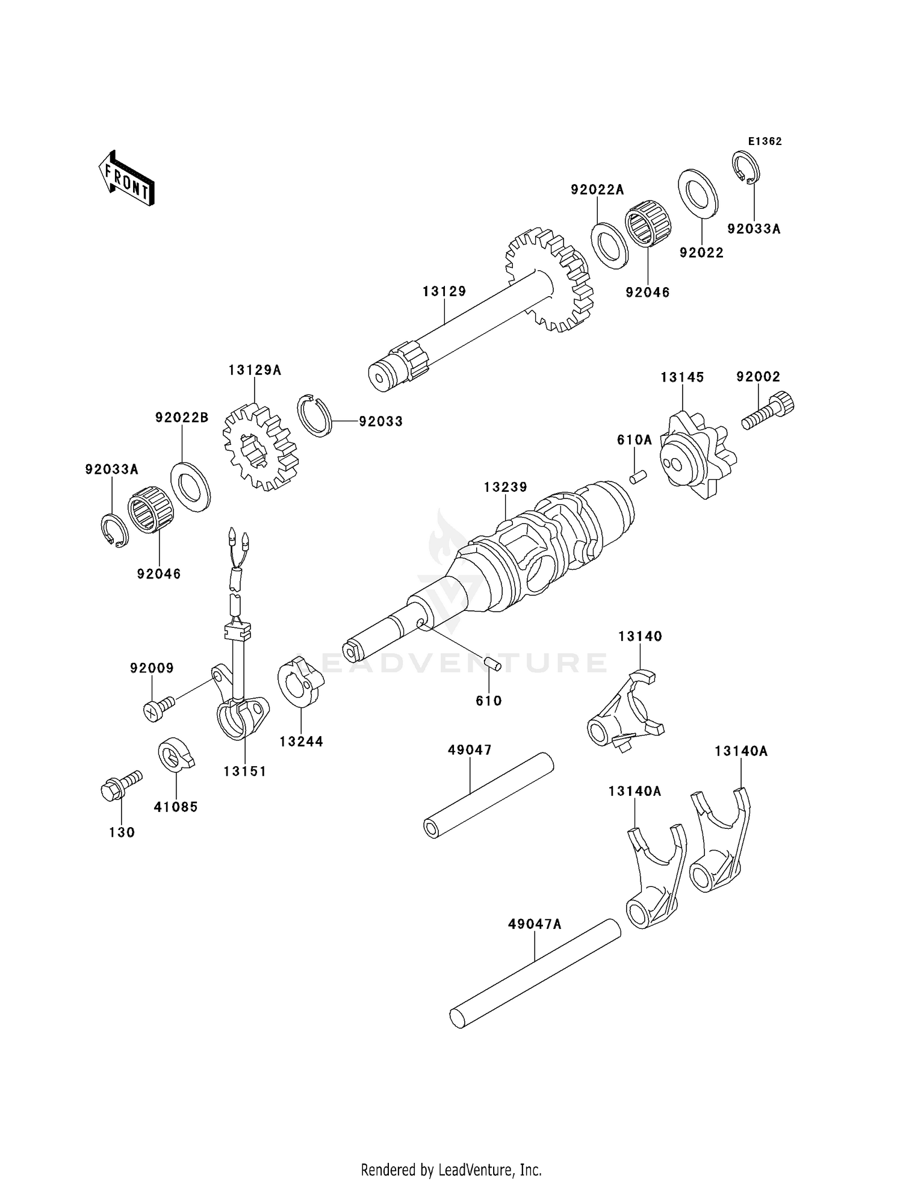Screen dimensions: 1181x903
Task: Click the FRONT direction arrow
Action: [x=126, y=179]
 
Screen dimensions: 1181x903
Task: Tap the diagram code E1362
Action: [x=765, y=141]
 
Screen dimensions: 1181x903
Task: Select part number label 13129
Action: [x=444, y=291]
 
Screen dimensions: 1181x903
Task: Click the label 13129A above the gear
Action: [x=255, y=370]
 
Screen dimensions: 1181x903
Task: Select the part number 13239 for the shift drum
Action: [x=505, y=486]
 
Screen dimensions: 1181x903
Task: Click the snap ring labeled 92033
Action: [x=314, y=415]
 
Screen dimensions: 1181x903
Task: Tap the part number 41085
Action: [x=176, y=807]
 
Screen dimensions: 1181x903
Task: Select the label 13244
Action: [x=301, y=742]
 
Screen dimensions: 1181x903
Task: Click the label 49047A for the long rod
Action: [x=535, y=924]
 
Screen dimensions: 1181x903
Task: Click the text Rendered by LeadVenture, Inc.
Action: [x=451, y=1170]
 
